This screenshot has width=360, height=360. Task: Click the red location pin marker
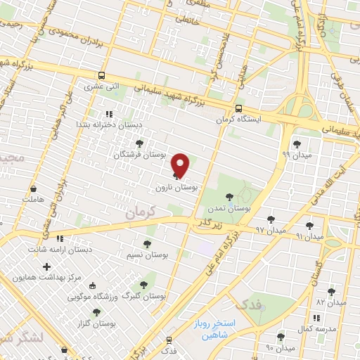tap(181, 165)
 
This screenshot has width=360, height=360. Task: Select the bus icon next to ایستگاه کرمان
tap(239, 108)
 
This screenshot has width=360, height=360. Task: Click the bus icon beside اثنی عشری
tap(103, 76)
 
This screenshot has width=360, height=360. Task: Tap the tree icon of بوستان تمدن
tap(228, 198)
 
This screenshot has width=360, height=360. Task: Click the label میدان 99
tap(295, 153)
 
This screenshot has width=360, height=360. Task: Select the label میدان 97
tap(271, 230)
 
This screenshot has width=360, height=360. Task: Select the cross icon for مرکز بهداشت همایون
tap(46, 266)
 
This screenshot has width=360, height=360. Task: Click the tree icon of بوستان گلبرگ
tap(144, 285)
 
